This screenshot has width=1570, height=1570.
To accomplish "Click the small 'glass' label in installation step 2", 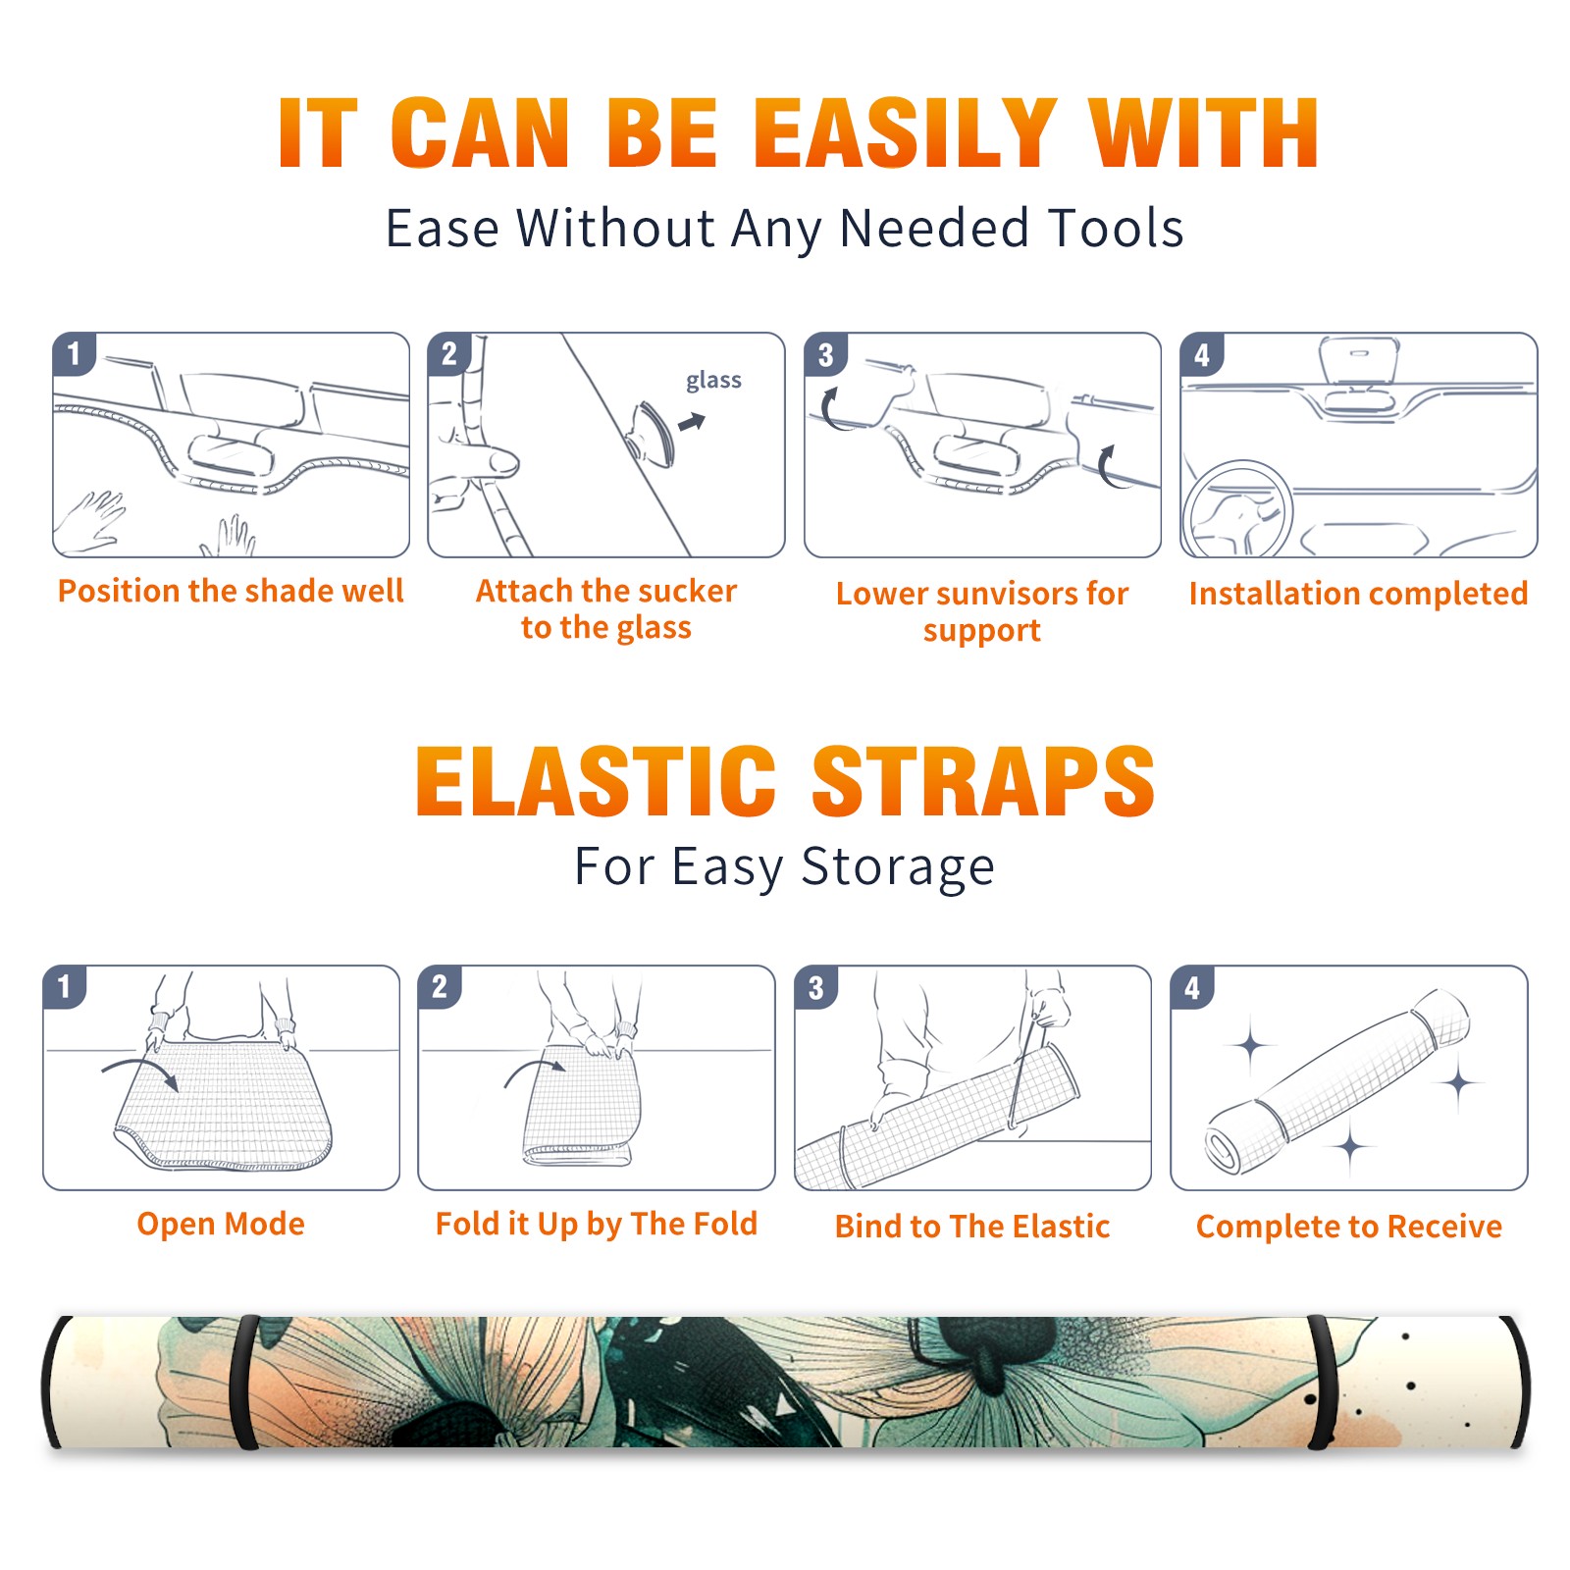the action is pos(713,381).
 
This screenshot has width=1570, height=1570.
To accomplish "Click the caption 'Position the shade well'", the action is pos(231,591).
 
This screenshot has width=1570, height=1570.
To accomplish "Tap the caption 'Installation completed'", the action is pos(1358,593).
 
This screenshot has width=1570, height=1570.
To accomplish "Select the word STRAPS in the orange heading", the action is pos(983,781).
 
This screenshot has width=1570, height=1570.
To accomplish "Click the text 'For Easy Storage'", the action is pos(785,866).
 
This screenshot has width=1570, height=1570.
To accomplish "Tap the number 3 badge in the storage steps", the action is pos(816,987).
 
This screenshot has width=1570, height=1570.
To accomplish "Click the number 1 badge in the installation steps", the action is pos(75,353).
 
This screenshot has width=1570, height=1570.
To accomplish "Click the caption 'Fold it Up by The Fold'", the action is pos(597,1224).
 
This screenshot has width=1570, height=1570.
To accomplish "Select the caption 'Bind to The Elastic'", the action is pos(972,1227).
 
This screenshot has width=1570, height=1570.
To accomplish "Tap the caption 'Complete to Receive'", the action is pos(1349,1227).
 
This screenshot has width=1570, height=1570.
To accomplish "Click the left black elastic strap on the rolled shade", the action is pos(244,1383).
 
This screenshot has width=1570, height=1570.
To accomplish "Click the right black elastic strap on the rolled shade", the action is pos(1321,1383).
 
